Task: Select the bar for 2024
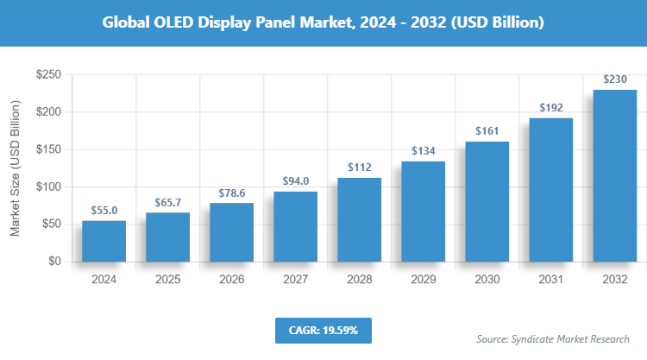[x=104, y=241]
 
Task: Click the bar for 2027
[x=295, y=226]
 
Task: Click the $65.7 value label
[x=167, y=200]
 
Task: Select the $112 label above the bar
[x=359, y=167]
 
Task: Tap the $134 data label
[x=423, y=150]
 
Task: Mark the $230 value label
[x=614, y=79]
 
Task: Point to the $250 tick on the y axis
[x=47, y=75]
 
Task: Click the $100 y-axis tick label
[x=47, y=186]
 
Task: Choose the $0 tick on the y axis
[x=53, y=261]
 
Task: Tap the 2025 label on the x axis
[x=167, y=279]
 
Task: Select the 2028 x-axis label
[x=359, y=279]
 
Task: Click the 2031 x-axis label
[x=550, y=279]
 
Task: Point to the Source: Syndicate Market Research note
[x=553, y=338]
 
